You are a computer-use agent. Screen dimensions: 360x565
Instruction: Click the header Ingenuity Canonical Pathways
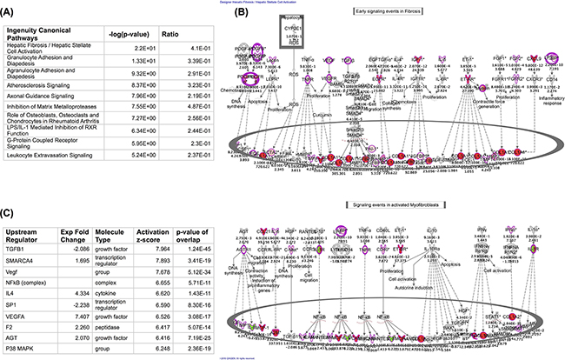(x=43, y=57)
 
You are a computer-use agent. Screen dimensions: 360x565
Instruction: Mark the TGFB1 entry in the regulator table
(x=17, y=225)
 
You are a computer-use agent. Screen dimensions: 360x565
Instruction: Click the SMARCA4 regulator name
(x=21, y=237)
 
